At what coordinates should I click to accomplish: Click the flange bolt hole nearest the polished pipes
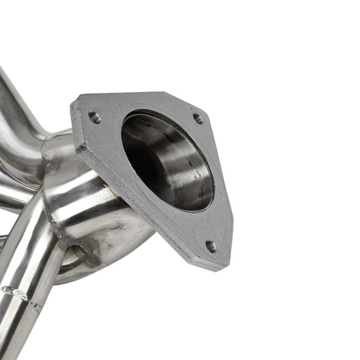click(x=94, y=117)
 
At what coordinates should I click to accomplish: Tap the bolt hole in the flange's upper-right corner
click(x=197, y=118)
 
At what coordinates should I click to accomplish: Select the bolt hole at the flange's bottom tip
click(x=210, y=246)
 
